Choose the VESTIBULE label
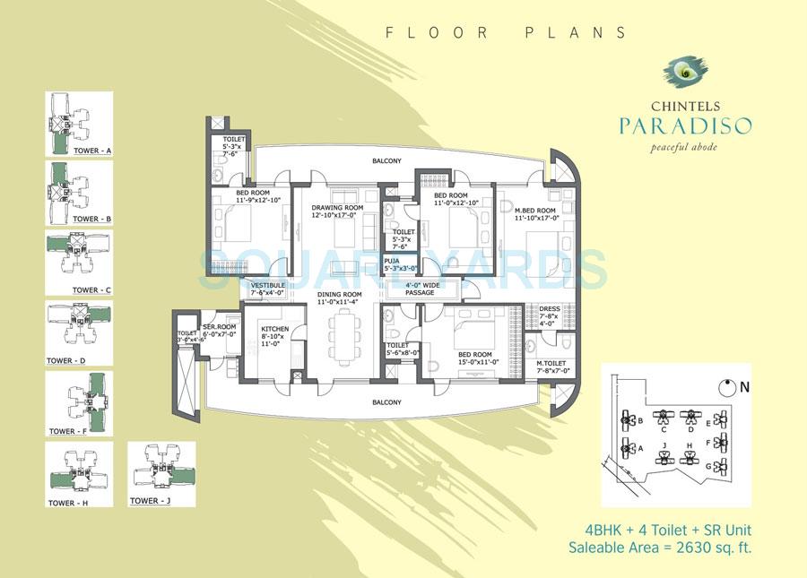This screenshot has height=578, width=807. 267,288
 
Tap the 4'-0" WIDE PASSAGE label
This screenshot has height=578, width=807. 420,289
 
